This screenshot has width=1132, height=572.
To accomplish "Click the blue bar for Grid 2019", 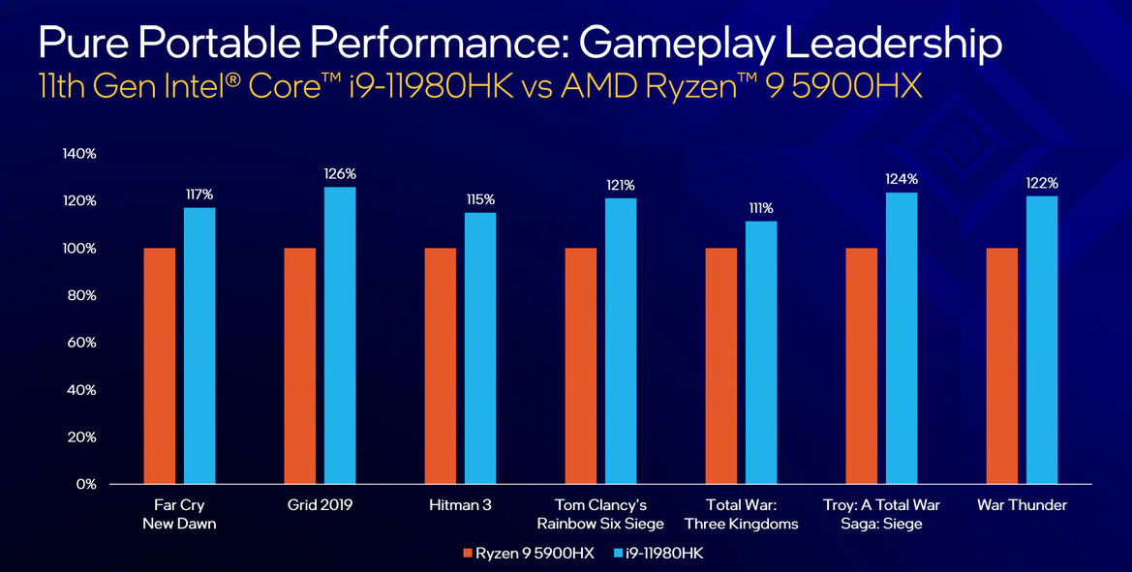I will (x=340, y=335).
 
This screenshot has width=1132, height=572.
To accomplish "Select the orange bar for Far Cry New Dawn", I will (x=160, y=366).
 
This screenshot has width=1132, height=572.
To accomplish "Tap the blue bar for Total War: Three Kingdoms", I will (x=761, y=352).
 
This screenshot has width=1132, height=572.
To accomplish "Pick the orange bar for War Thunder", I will (x=1002, y=366).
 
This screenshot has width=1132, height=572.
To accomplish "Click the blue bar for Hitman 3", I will (x=480, y=347).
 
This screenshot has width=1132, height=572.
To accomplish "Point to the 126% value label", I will (x=340, y=174).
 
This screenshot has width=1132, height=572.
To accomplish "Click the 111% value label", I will (x=761, y=208).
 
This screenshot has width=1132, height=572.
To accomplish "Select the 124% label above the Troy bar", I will (x=902, y=179).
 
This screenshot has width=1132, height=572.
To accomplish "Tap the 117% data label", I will (x=200, y=195).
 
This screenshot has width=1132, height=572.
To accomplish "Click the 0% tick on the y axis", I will (x=86, y=484).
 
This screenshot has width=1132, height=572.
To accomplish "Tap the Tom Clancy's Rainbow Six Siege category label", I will (x=600, y=514).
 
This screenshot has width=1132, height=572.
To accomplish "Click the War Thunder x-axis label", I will (x=1022, y=505).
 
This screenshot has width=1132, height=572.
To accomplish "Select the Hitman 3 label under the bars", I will (x=460, y=505).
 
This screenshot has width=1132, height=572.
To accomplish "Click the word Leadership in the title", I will (x=883, y=44).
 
